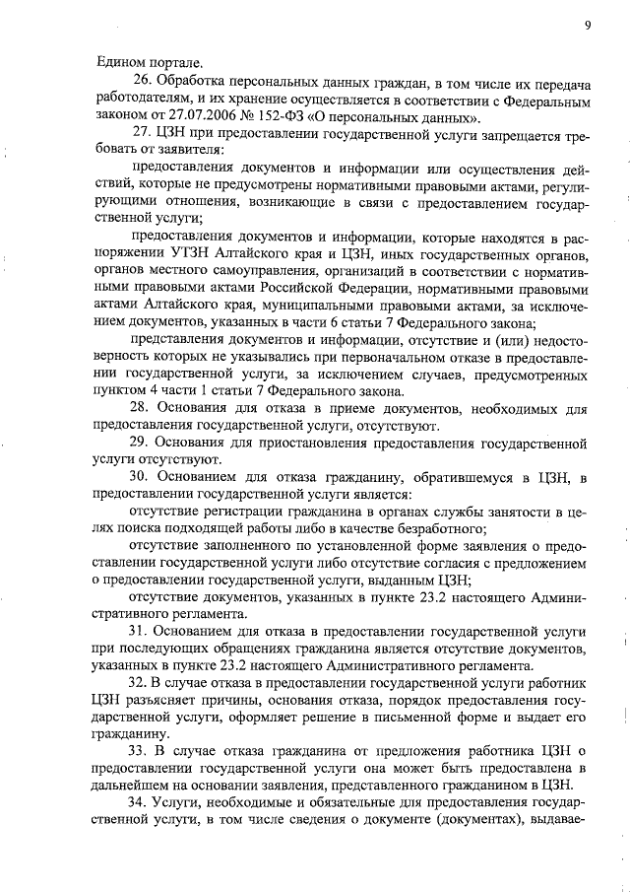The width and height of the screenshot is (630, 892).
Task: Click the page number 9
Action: click(x=586, y=25)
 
